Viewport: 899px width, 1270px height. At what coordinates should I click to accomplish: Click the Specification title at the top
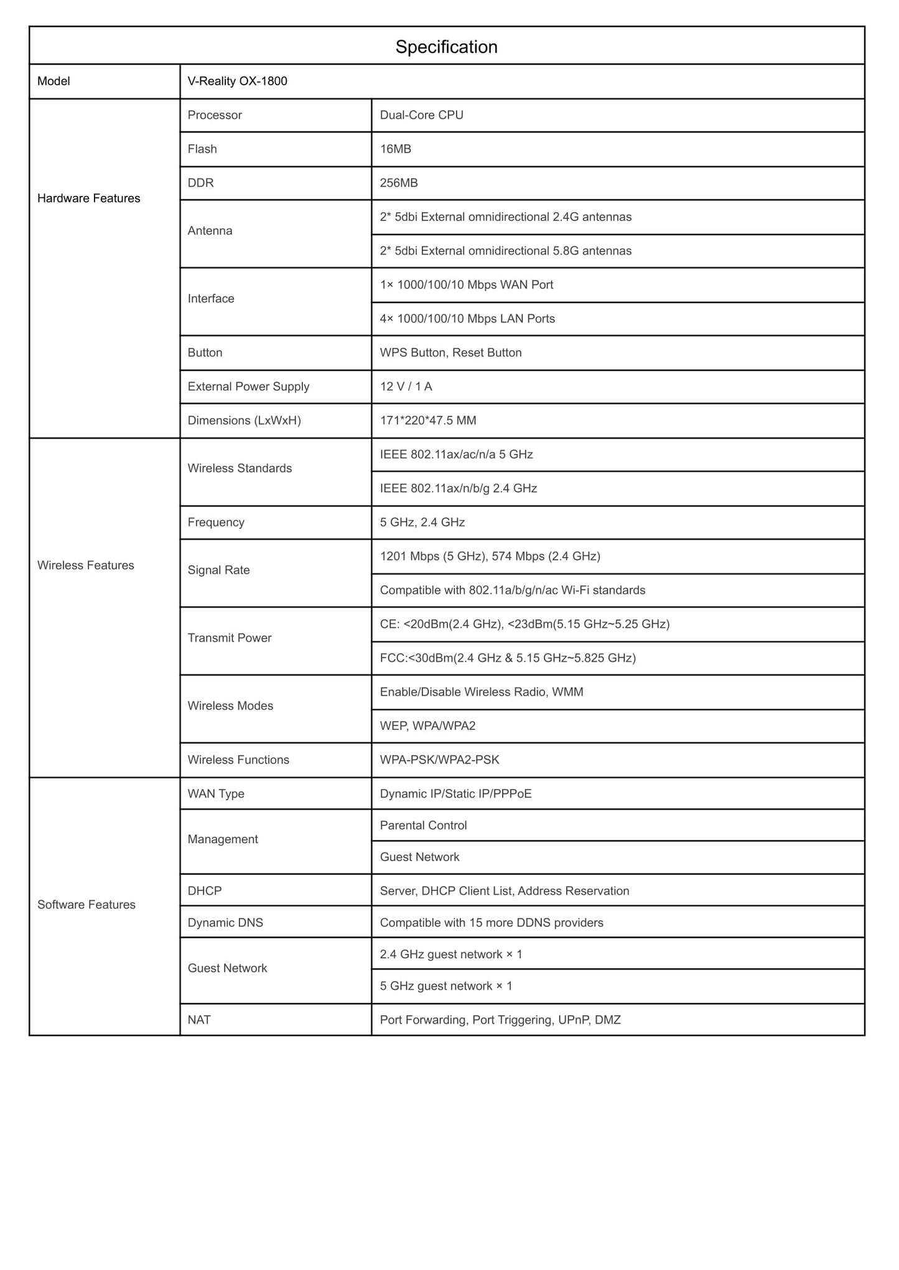coord(446,47)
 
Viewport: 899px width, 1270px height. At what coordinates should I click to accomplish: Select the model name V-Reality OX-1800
coord(237,81)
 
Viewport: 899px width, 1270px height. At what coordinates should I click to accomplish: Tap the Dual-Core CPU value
coord(421,115)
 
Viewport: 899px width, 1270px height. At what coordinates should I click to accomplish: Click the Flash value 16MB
coord(395,149)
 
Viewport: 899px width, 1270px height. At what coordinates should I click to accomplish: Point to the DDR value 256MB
coord(398,183)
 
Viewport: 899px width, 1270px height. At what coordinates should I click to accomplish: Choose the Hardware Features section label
coord(88,198)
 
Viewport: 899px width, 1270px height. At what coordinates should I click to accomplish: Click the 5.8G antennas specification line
coord(505,251)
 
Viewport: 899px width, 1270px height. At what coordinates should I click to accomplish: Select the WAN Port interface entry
coord(466,285)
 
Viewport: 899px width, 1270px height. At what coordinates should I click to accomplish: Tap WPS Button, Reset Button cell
coord(450,353)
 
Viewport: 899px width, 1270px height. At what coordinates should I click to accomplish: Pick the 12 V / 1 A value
coord(406,386)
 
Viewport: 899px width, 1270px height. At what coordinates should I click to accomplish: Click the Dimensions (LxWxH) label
coord(244,421)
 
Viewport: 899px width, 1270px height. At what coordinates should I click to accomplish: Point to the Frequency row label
coord(216,522)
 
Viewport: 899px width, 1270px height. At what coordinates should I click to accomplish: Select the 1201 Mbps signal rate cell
coord(490,556)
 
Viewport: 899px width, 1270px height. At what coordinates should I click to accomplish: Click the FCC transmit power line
coord(508,658)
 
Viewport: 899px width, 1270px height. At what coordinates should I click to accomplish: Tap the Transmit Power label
coord(230,638)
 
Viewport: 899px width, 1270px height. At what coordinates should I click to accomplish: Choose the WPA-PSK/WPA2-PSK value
coord(439,760)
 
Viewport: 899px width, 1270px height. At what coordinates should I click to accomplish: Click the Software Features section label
coord(86,905)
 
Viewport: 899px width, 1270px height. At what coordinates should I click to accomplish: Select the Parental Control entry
coord(423,825)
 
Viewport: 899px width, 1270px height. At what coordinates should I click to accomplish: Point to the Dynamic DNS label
coord(225,922)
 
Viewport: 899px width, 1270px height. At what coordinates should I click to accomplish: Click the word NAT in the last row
coord(199,1020)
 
